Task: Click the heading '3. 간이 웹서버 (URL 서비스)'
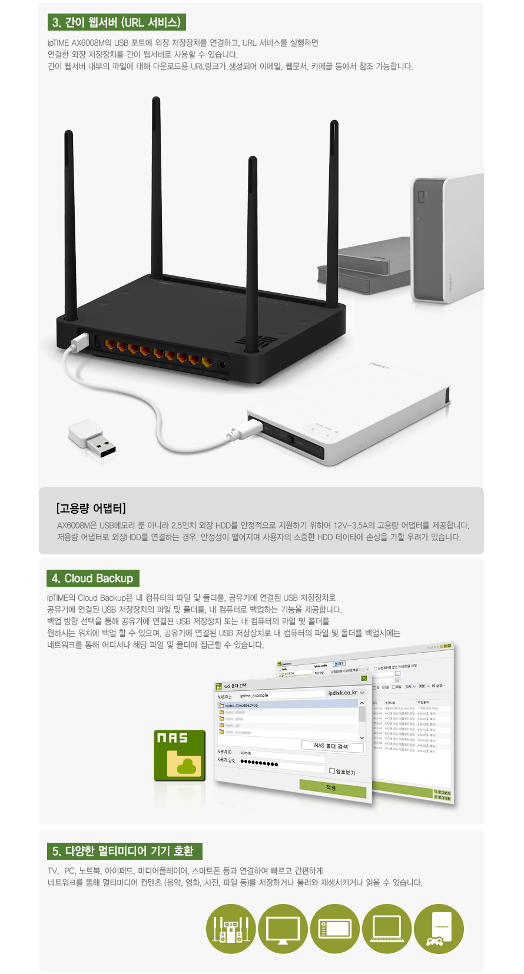pos(117,22)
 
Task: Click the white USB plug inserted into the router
pos(79,342)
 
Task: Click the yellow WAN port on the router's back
pos(207,361)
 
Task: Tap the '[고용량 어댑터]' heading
pos(91,508)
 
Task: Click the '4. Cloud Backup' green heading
pos(93,578)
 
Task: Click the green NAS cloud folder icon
pos(180,756)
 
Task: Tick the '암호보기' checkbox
pos(332,770)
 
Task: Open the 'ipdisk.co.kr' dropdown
pos(362,693)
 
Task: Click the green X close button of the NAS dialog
pos(364,679)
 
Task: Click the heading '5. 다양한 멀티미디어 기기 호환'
pos(124,851)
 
